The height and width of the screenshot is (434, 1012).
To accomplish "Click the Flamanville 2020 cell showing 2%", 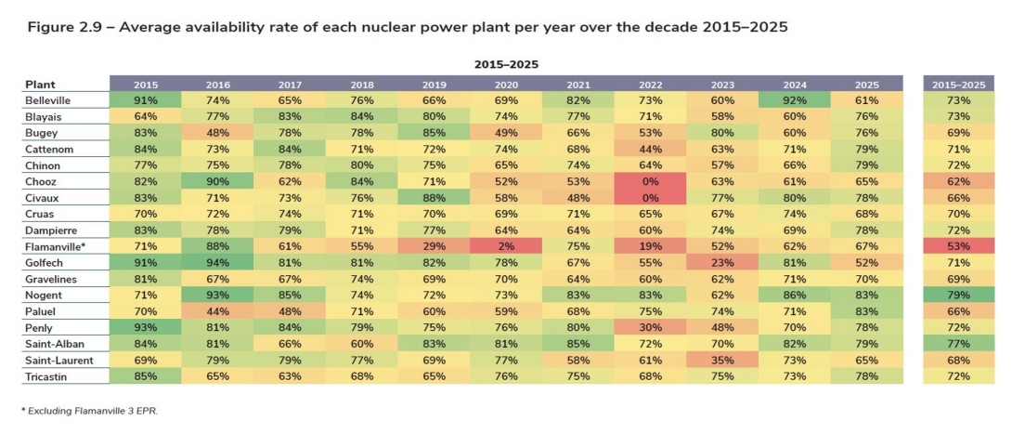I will click(x=506, y=246).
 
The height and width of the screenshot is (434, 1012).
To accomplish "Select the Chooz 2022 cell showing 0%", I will click(x=651, y=181).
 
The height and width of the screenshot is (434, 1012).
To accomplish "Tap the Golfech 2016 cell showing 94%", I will click(x=218, y=262).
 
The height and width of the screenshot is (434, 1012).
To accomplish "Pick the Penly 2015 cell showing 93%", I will click(x=146, y=327).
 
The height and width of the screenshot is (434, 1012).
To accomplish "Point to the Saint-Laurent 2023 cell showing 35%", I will click(x=722, y=360).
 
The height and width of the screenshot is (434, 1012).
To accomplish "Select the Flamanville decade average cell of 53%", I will click(x=958, y=246).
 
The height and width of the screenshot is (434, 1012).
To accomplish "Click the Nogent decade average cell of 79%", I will click(x=958, y=295).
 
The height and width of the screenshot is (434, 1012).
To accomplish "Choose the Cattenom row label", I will click(x=49, y=149).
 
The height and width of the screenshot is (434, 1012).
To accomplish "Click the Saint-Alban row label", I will click(x=53, y=343).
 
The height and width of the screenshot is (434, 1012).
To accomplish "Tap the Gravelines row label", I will click(x=52, y=279).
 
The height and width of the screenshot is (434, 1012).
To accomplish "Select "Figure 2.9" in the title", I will click(x=60, y=27).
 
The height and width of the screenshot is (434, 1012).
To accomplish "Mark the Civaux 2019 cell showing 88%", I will click(x=435, y=197).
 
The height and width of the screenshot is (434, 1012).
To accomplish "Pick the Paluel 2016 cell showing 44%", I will click(x=218, y=310).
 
